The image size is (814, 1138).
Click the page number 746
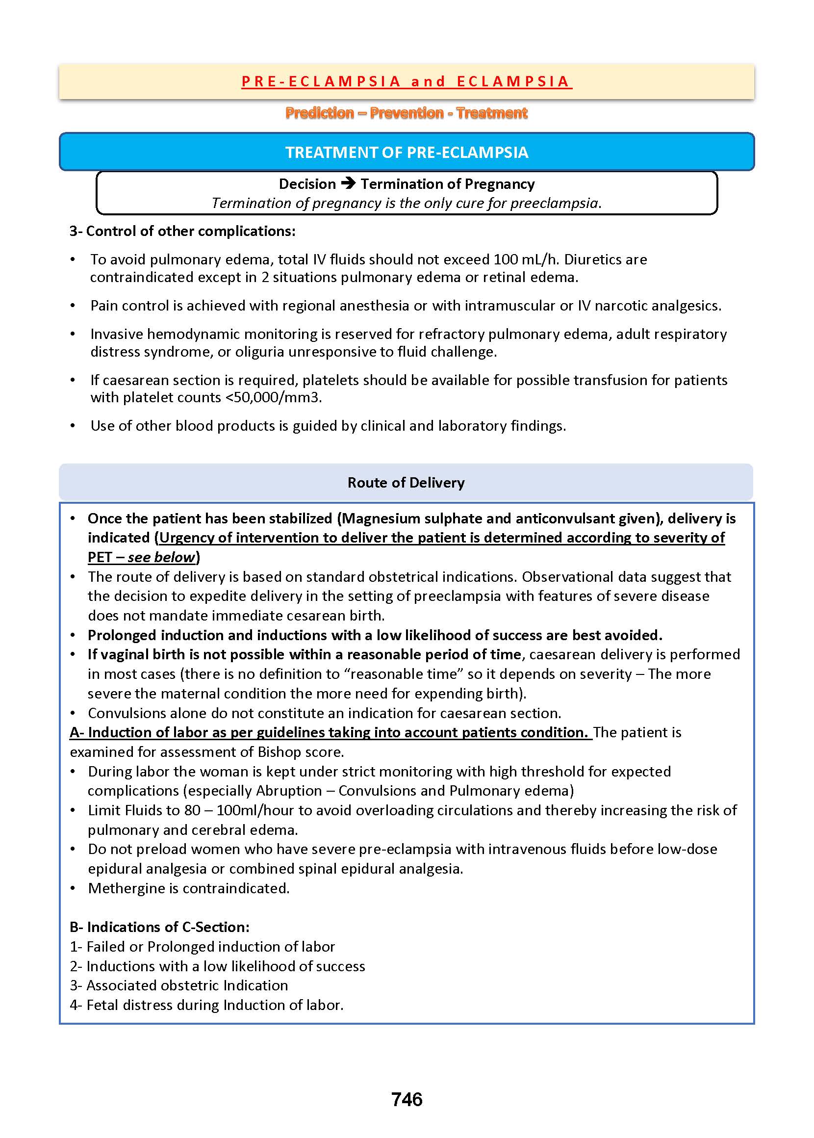pos(407,1099)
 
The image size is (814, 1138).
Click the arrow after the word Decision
pos(348,183)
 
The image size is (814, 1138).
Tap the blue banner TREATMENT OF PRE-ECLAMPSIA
pos(407,152)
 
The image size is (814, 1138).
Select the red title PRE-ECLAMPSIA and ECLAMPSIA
pos(407,81)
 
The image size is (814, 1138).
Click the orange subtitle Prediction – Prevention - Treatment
pos(407,113)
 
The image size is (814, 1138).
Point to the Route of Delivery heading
pos(406,482)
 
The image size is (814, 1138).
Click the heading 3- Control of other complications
pos(182,231)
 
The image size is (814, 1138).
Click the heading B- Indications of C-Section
pos(159,927)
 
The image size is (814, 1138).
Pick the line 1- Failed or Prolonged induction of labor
pos(203,947)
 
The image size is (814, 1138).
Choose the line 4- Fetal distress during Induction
pos(206,1005)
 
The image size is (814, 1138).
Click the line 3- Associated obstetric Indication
pos(179,985)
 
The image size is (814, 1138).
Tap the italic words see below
pos(161,557)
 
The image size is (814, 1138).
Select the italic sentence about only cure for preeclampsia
pos(407,203)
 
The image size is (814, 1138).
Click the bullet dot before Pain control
pos(73,306)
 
